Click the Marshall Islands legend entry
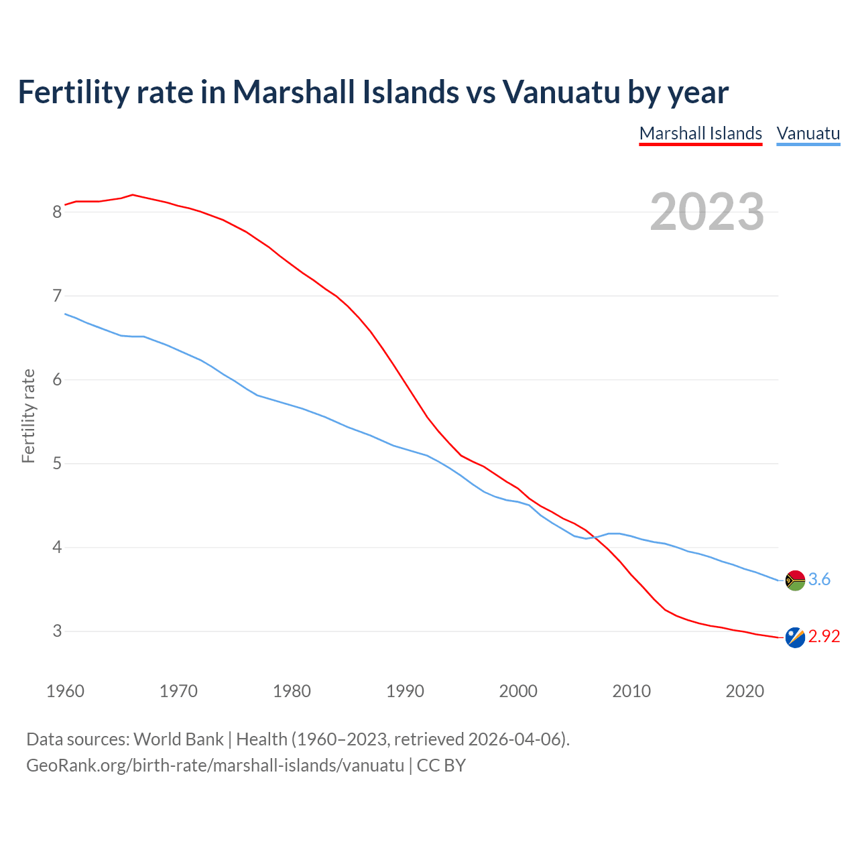coord(700,133)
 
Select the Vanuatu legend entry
coord(808,133)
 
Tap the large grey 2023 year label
coord(707,212)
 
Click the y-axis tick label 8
coord(57,212)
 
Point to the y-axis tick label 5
coord(57,464)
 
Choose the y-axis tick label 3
coord(57,631)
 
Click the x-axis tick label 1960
coord(65,691)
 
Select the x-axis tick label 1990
coord(405,691)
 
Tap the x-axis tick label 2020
coord(745,691)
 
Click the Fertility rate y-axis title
coord(28,416)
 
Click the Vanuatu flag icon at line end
coord(795,580)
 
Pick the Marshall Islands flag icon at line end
coord(795,637)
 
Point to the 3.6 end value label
coord(819,580)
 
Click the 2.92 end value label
coord(824,637)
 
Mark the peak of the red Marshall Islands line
coord(133,195)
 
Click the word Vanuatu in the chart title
coord(562,92)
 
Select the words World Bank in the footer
coord(178,739)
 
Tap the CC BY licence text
coord(441,765)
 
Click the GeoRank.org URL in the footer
coord(215,765)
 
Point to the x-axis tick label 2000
coord(518,691)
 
